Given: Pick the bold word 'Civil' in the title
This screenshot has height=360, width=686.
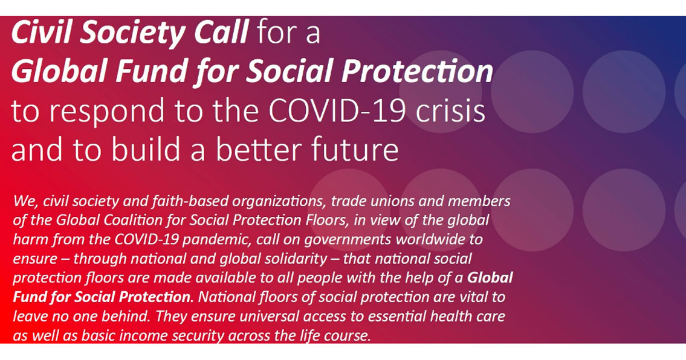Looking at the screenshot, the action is (x=41, y=33).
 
